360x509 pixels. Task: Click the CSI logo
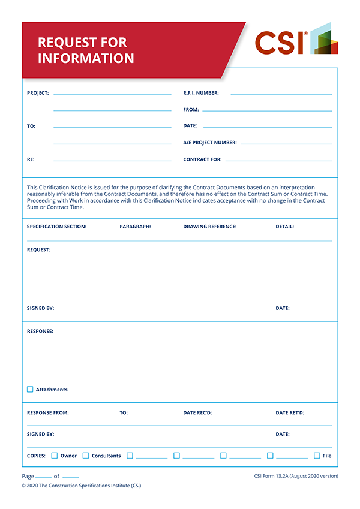[x=296, y=41]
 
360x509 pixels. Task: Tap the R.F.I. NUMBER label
[x=201, y=93]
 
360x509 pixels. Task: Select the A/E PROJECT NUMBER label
[x=210, y=143]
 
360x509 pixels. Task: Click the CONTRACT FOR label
[x=202, y=159]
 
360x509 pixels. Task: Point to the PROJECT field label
[x=38, y=93]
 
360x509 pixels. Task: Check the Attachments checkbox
[x=30, y=390]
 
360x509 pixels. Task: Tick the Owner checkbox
[x=55, y=456]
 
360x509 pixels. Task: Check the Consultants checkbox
[x=86, y=456]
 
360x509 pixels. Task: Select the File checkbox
[x=317, y=456]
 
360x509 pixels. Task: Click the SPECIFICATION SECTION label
[x=56, y=227]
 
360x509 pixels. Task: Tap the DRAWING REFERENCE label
[x=210, y=227]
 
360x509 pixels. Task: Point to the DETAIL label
[x=284, y=227]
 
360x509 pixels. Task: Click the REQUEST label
[x=38, y=249]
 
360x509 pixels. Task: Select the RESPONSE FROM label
[x=48, y=412]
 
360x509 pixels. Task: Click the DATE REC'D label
[x=197, y=412]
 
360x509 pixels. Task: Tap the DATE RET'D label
[x=290, y=412]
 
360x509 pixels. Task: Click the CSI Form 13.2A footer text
[x=296, y=476]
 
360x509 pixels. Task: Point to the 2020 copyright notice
[x=81, y=486]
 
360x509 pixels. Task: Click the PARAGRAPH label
[x=135, y=227]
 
